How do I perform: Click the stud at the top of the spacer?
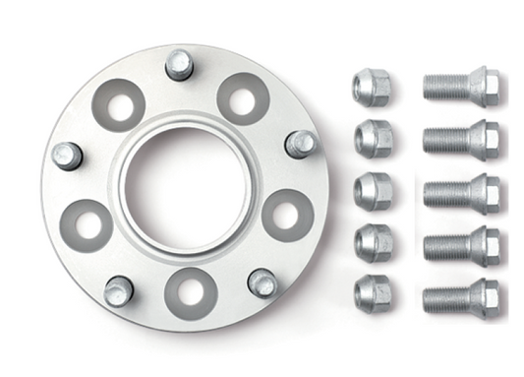179,64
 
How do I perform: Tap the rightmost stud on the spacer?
300,144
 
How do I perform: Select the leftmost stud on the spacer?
66,155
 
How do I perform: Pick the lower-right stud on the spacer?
262,283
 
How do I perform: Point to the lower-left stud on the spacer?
118,290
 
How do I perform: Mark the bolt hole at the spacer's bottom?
191,293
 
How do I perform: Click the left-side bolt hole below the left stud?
86,224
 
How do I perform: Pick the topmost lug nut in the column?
372,87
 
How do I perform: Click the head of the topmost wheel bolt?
483,87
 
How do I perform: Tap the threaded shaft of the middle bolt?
444,193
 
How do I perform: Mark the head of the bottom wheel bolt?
483,296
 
